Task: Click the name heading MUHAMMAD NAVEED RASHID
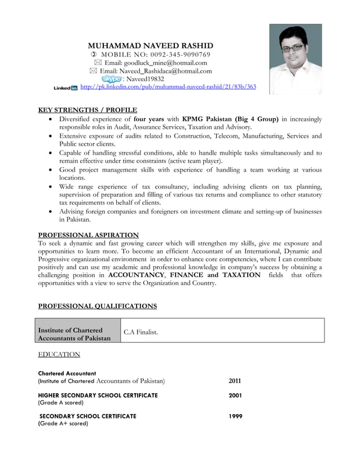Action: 151,45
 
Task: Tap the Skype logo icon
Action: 111,79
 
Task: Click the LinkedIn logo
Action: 65,88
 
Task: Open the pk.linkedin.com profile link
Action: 168,87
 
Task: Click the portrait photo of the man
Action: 295,59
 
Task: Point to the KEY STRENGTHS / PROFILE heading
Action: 87,110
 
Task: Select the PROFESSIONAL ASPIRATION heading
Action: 88,235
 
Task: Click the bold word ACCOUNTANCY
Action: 137,275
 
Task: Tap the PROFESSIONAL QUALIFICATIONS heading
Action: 97,306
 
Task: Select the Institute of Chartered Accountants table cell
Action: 78,333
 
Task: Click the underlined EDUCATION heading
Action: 59,354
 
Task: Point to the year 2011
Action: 235,381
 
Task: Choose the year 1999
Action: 235,416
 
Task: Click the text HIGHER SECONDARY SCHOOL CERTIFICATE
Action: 98,395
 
